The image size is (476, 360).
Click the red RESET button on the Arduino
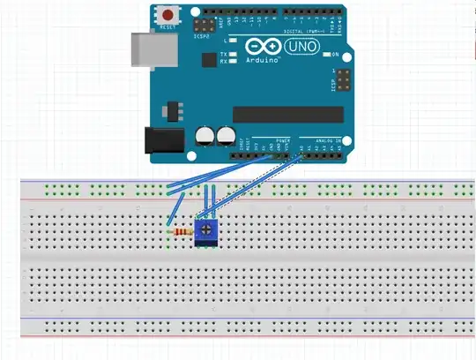coord(167,14)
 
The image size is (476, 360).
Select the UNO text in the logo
coord(300,46)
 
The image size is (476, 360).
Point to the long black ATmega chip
coord(287,113)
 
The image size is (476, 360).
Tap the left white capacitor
coord(203,135)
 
